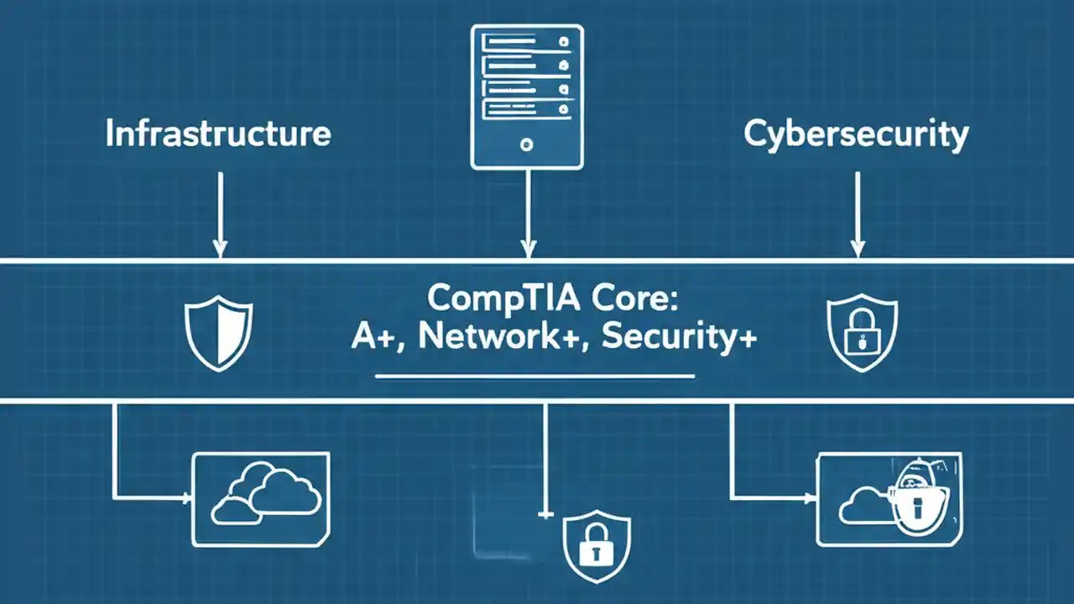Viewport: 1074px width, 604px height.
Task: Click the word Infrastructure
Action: pos(218,134)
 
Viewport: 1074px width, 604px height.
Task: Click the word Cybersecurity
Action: pos(856,134)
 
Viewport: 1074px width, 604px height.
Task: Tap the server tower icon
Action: pos(526,96)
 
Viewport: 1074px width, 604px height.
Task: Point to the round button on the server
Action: pos(526,145)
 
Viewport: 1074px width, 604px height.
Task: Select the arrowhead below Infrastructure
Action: pos(220,248)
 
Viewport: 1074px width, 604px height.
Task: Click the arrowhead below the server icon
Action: pos(528,248)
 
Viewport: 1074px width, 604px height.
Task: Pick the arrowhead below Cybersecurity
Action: pos(857,248)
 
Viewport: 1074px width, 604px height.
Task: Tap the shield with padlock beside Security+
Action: pos(861,331)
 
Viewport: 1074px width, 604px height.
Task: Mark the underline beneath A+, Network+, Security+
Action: pos(534,376)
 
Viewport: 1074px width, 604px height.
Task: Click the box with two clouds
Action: pos(262,499)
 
